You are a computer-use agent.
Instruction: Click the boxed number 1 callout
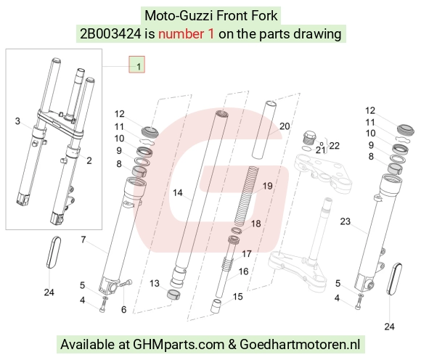[137, 65]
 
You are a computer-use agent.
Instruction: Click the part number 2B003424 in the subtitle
[110, 34]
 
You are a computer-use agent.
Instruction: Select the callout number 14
[178, 193]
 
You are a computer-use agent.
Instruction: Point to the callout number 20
[285, 126]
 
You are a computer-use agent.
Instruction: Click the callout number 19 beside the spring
[267, 186]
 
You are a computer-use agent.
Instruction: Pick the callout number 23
[346, 221]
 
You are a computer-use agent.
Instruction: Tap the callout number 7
[83, 240]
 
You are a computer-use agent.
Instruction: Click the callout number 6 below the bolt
[124, 309]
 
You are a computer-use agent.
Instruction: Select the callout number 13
[155, 283]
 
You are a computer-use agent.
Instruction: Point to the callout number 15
[237, 297]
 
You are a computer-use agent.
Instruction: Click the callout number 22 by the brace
[335, 146]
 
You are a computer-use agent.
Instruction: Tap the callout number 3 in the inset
[17, 121]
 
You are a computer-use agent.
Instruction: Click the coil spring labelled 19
[245, 196]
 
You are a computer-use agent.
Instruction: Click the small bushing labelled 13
[173, 295]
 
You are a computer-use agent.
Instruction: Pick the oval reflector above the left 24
[54, 252]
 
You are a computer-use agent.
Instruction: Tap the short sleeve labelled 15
[216, 306]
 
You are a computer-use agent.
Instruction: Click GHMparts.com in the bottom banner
[179, 345]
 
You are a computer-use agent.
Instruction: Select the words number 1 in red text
[186, 34]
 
